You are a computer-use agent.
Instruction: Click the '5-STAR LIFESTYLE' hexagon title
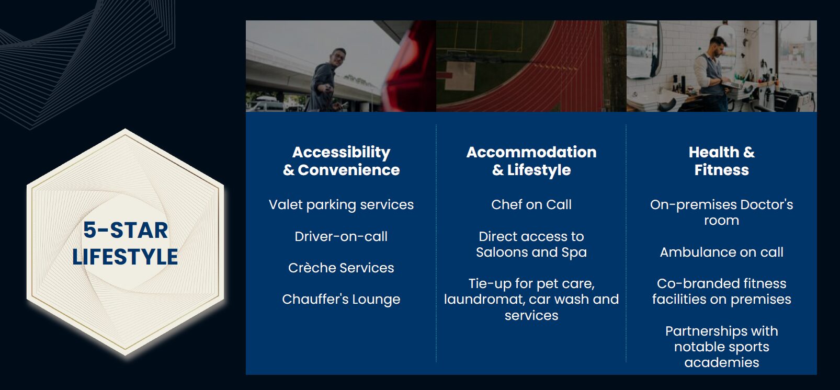click(125, 244)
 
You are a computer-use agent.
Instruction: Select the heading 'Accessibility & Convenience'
click(341, 161)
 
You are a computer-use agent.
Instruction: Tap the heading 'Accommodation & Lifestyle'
click(531, 161)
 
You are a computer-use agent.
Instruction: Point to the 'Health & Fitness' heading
click(721, 161)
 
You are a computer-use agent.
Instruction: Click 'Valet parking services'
click(341, 205)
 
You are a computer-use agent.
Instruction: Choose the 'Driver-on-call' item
click(341, 237)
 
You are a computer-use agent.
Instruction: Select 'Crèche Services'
click(341, 268)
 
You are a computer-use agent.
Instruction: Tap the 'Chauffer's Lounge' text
click(341, 299)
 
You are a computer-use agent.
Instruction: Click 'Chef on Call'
click(531, 205)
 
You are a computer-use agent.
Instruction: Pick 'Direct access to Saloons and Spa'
click(531, 245)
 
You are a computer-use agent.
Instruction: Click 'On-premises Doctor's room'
click(721, 212)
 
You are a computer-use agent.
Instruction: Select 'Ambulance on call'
click(721, 253)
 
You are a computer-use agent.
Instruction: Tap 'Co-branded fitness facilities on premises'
click(721, 291)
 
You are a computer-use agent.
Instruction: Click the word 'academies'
click(721, 363)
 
